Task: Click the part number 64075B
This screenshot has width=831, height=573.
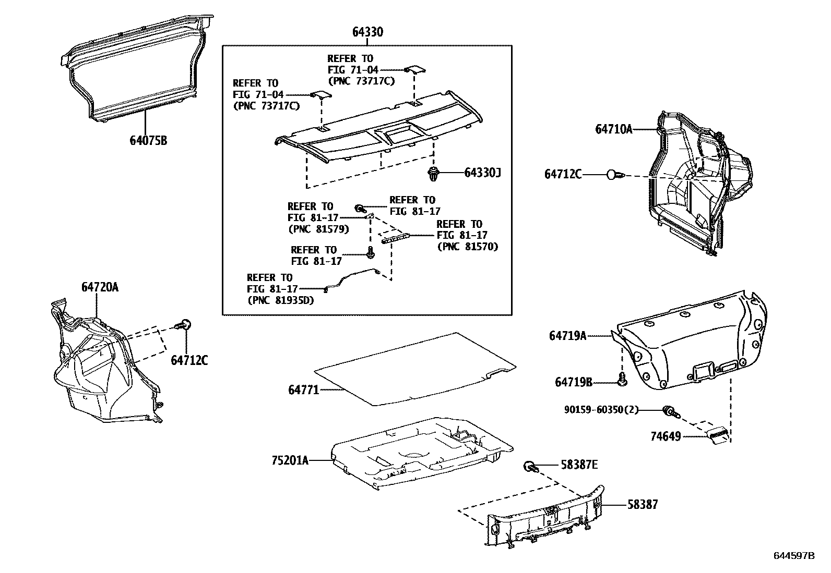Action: click(x=149, y=140)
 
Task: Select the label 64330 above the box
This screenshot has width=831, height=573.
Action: click(x=367, y=32)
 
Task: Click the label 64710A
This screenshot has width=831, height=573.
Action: click(x=613, y=129)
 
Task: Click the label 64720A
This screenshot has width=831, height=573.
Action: click(x=100, y=287)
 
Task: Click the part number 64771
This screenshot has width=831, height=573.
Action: click(x=303, y=389)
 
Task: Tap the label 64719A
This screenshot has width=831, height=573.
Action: click(x=567, y=336)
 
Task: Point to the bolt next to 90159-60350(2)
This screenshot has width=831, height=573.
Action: click(x=670, y=412)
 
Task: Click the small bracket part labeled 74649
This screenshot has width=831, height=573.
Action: click(x=718, y=434)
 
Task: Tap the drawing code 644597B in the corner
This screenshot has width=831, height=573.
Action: click(x=793, y=556)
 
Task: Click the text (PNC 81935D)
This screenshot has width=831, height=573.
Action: click(x=280, y=300)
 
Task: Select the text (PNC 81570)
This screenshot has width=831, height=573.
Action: click(x=467, y=247)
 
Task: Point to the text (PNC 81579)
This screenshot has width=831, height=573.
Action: click(x=318, y=229)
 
